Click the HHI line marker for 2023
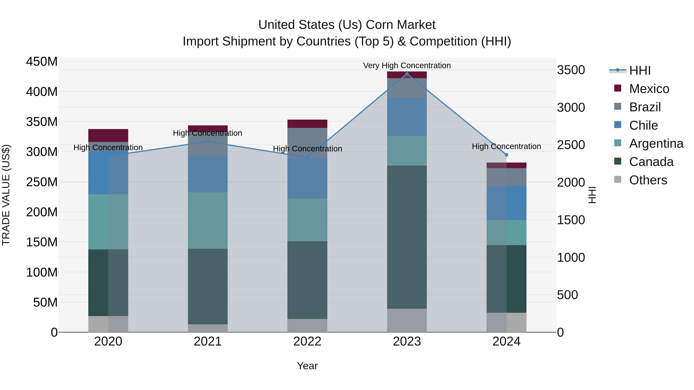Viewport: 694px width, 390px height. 407,74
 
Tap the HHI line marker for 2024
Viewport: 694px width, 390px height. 506,155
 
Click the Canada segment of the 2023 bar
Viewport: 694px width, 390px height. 407,237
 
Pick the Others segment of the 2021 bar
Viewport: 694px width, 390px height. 207,328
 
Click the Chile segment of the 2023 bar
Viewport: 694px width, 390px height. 407,117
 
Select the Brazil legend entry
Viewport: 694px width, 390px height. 645,107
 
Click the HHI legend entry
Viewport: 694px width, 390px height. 640,70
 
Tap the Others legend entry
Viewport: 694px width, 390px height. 648,180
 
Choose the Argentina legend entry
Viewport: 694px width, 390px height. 656,143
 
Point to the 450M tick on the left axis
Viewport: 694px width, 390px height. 42,62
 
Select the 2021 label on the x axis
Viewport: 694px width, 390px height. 207,341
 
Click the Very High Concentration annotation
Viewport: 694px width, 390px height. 407,65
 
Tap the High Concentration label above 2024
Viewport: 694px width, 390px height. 506,146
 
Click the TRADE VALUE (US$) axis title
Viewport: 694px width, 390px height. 6,195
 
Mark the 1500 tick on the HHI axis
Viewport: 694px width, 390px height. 571,220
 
